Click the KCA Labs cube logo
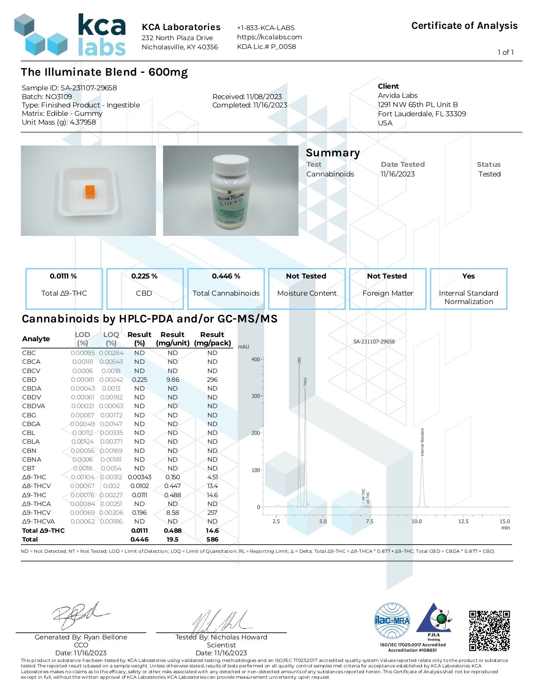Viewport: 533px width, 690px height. pos(41,35)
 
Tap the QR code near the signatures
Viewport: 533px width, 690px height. pos(489,631)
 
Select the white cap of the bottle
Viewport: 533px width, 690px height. pos(230,165)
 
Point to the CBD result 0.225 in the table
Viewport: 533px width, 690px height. pos(140,380)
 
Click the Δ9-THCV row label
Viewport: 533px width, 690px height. pos(36,513)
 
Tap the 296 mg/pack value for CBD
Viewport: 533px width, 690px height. pos(212,380)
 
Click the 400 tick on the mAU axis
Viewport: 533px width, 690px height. pos(255,359)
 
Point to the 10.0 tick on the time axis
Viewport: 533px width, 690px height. pos(416,521)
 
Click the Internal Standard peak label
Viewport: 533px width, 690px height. pos(422,442)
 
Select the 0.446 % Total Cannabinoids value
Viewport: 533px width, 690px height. pos(226,276)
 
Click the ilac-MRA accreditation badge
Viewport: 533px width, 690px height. pos(392,621)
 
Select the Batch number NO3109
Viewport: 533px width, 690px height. pos(59,97)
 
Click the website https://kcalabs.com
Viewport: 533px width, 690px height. pos(269,37)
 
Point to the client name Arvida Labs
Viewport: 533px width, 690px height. pos(398,95)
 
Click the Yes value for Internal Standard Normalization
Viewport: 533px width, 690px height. pos(468,276)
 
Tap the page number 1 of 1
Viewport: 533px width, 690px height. pos(505,52)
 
